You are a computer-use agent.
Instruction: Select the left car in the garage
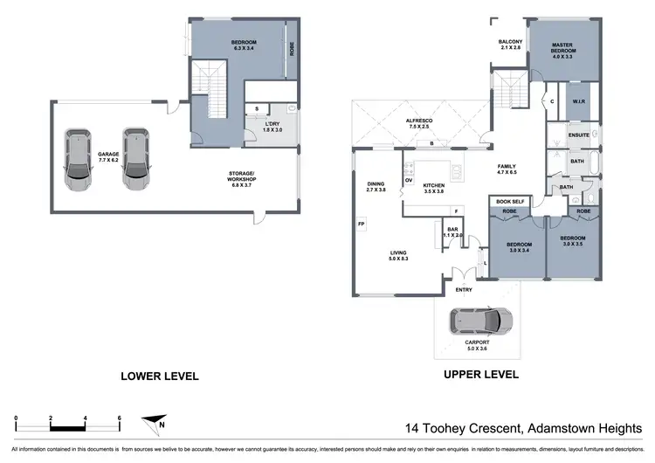[79, 162]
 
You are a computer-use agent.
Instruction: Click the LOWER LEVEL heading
[160, 376]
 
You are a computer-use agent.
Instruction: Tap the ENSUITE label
[579, 135]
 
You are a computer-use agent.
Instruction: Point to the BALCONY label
[511, 44]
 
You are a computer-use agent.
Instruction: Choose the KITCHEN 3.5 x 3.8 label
[434, 189]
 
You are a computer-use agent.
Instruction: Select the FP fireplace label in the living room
[361, 225]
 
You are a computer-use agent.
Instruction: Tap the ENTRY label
[464, 290]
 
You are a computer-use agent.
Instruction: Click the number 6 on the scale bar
[118, 418]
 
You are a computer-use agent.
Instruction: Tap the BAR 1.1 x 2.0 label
[452, 232]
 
